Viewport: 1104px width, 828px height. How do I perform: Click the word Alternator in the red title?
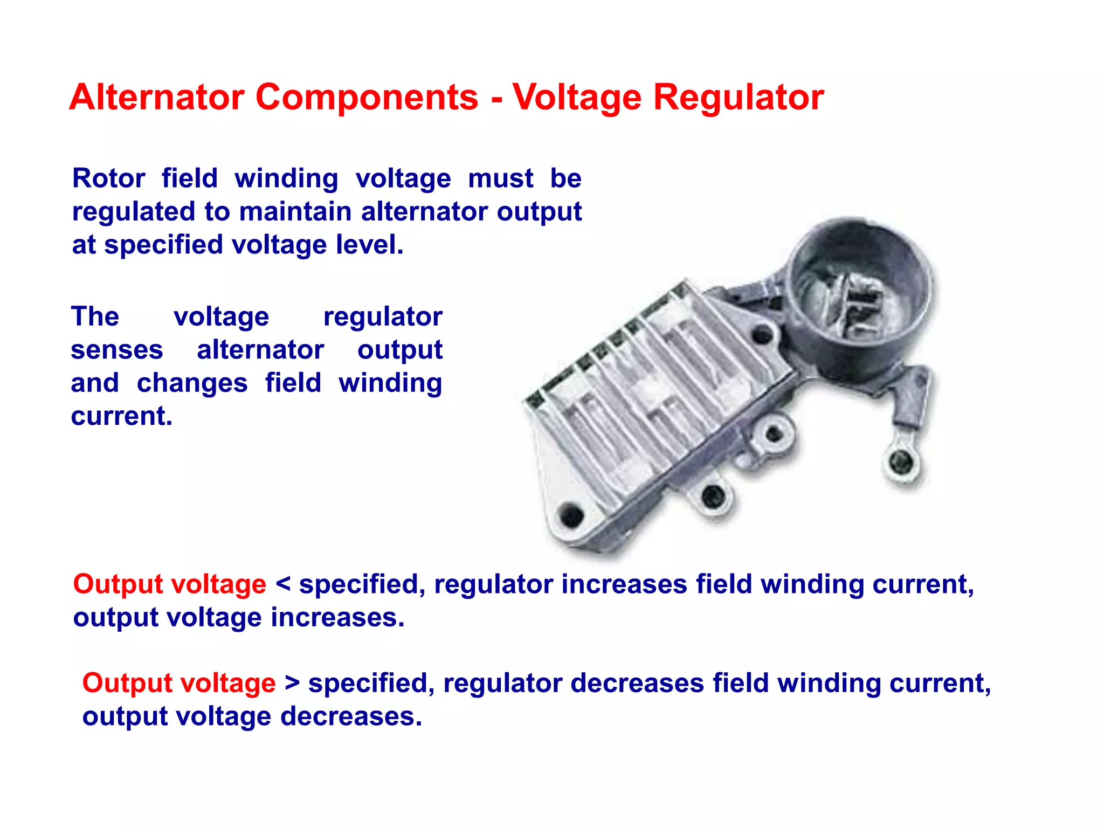point(157,97)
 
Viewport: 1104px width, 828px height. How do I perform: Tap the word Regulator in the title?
point(739,97)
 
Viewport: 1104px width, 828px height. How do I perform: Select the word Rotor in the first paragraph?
point(109,178)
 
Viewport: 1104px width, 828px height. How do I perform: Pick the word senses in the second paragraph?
point(116,350)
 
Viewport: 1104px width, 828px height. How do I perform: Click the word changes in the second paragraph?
point(192,383)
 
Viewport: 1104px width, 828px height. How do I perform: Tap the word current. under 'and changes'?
point(121,416)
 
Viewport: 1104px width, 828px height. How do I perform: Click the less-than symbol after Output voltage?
point(283,584)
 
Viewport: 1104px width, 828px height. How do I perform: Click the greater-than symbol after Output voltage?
point(292,683)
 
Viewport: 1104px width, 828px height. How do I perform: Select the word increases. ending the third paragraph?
point(337,617)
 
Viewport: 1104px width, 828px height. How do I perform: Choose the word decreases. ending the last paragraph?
point(351,716)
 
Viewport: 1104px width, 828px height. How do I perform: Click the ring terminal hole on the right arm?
point(901,461)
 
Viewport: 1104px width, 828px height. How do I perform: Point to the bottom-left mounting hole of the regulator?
point(571,515)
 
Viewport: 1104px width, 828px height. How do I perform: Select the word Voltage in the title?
point(577,98)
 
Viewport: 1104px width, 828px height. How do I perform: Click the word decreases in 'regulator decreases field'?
point(637,683)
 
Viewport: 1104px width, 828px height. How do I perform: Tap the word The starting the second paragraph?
point(95,316)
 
